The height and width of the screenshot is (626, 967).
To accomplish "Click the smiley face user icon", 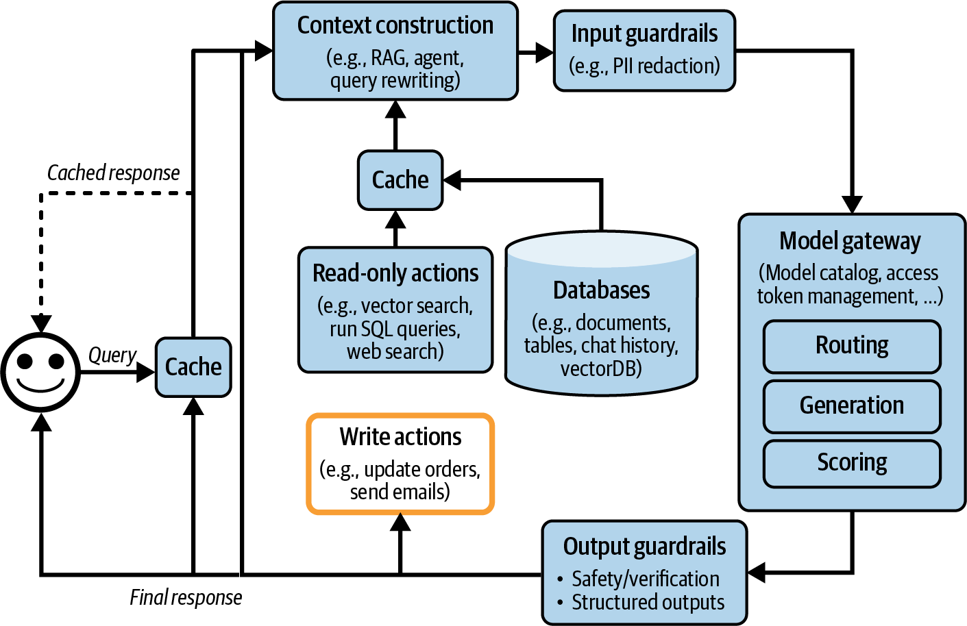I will (x=40, y=372).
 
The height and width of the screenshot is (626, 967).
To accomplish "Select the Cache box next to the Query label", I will (x=193, y=367).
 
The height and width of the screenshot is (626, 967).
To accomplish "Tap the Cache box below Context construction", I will (x=400, y=180).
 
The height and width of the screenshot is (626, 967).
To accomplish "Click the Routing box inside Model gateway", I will (x=852, y=345).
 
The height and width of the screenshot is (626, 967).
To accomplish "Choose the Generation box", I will (x=852, y=405).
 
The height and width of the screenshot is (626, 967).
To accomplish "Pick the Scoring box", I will (x=852, y=463).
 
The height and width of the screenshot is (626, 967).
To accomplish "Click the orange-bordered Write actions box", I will (x=400, y=464).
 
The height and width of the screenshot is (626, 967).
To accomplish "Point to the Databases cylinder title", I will (x=601, y=290).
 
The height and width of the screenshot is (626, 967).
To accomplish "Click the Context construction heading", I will (x=395, y=25).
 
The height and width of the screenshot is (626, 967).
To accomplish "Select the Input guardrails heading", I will (x=644, y=34).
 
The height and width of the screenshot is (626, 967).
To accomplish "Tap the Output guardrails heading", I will (x=644, y=547).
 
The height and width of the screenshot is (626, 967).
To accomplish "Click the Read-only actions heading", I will (x=395, y=273).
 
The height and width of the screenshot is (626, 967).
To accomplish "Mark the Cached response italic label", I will (x=113, y=173).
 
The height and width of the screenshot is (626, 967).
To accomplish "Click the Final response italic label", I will (x=186, y=598).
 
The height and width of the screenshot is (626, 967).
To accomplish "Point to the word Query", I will (x=112, y=355).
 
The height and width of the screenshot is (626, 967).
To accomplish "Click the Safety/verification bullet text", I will (x=646, y=579).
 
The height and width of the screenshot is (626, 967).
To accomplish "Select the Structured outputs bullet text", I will (x=648, y=603).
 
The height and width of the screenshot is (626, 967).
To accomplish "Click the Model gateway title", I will (x=850, y=241).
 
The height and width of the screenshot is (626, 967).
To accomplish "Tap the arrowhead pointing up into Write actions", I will (x=400, y=523).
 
